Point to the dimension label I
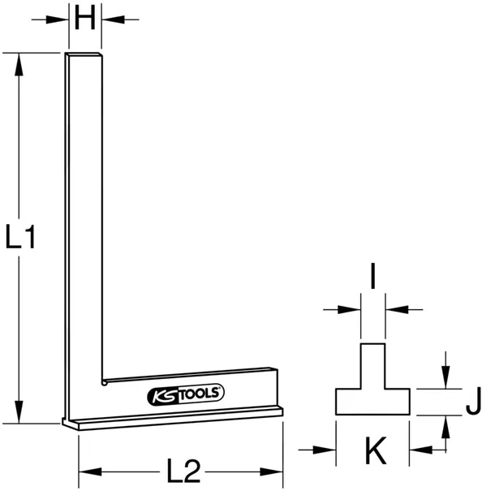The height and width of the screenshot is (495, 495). [x=372, y=278]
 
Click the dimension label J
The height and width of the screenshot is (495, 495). [x=476, y=401]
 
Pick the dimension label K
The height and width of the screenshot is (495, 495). [x=373, y=448]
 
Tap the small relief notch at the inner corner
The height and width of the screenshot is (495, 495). [x=103, y=380]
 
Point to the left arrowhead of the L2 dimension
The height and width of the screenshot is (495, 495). [x=85, y=471]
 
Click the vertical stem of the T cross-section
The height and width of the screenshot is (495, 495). [x=373, y=366]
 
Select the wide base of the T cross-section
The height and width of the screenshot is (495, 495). [x=373, y=401]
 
